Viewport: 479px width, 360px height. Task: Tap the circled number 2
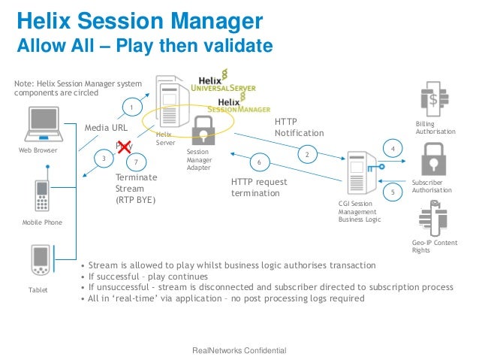pyautogui.click(x=307, y=155)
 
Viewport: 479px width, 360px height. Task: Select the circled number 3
pyautogui.click(x=104, y=158)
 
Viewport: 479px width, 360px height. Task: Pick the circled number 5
pyautogui.click(x=392, y=192)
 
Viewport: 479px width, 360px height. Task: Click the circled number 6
pyautogui.click(x=259, y=162)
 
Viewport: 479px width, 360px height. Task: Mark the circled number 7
pyautogui.click(x=135, y=162)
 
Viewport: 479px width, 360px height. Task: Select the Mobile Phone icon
pyautogui.click(x=42, y=195)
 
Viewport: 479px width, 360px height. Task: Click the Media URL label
pyautogui.click(x=105, y=128)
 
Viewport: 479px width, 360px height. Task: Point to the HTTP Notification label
pyautogui.click(x=299, y=127)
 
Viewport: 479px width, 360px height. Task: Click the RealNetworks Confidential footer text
pyautogui.click(x=239, y=351)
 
